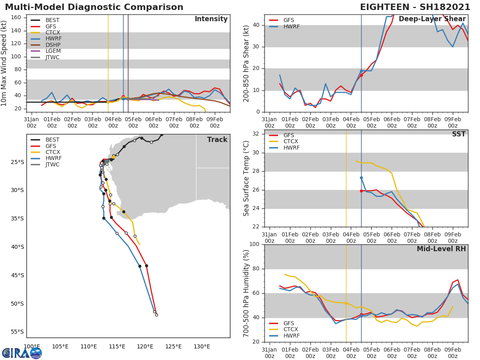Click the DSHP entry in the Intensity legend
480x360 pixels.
tap(53, 45)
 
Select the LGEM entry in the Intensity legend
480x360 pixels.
tap(53, 51)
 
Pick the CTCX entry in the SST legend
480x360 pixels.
tap(290, 142)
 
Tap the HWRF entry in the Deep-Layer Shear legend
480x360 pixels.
tap(291, 27)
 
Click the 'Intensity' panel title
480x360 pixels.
tap(211, 19)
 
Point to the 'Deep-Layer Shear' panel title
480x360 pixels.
tap(432, 19)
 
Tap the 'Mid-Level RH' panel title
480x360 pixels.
tap(441, 249)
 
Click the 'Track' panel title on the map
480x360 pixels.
tap(217, 140)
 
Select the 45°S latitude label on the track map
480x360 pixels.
tap(17, 275)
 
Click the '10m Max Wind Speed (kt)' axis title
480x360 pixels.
tap(4, 63)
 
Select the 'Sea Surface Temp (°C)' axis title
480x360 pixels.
tap(246, 178)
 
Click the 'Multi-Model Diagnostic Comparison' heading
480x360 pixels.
tap(94, 7)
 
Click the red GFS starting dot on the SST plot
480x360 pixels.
tap(361, 191)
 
